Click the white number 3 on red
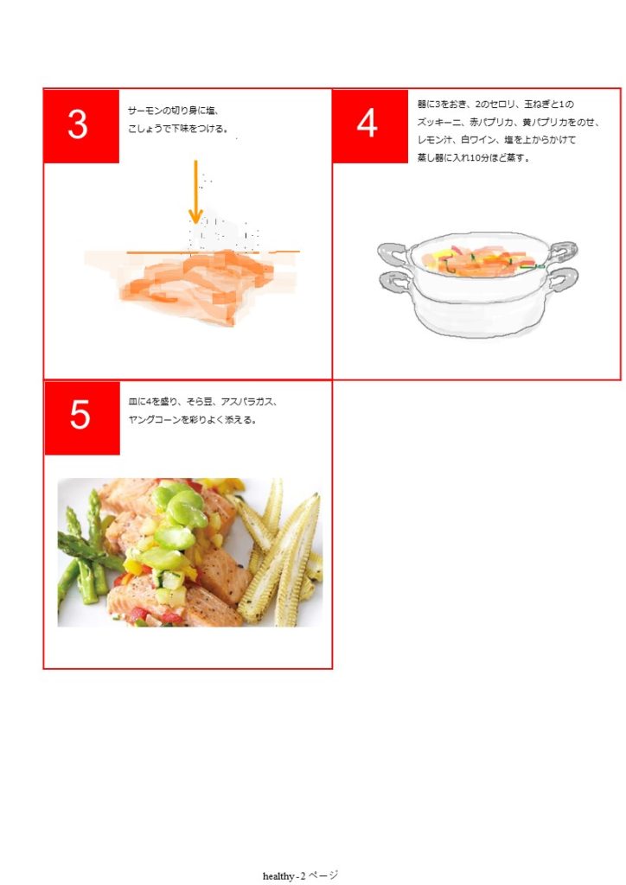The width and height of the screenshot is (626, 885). pyautogui.click(x=78, y=124)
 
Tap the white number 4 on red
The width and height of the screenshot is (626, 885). pyautogui.click(x=367, y=123)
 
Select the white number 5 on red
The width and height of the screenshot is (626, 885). pyautogui.click(x=80, y=414)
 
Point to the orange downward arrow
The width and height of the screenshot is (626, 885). pyautogui.click(x=195, y=192)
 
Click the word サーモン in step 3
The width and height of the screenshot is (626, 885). pyautogui.click(x=144, y=111)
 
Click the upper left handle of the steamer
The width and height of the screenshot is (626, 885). pyautogui.click(x=393, y=251)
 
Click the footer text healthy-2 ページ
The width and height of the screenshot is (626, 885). pyautogui.click(x=300, y=875)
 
